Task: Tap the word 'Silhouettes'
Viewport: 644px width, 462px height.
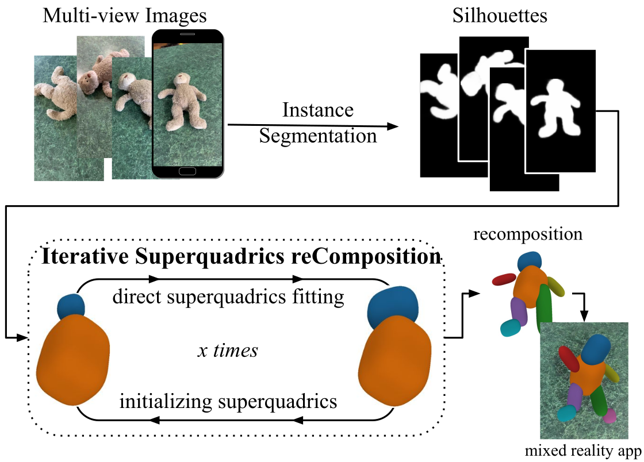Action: coord(498,15)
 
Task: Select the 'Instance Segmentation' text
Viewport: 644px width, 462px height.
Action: coord(318,122)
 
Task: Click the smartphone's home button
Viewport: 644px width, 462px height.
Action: coord(187,172)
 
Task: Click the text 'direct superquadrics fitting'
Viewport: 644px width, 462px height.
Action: coord(228,297)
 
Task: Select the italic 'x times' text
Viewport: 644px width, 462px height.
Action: coord(227,351)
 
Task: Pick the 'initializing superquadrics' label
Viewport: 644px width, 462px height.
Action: coord(228,401)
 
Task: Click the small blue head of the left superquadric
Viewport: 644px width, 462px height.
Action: coord(71,306)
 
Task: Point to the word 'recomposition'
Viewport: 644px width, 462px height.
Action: coord(528,235)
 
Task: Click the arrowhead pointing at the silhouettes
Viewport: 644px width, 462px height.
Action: coord(393,127)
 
